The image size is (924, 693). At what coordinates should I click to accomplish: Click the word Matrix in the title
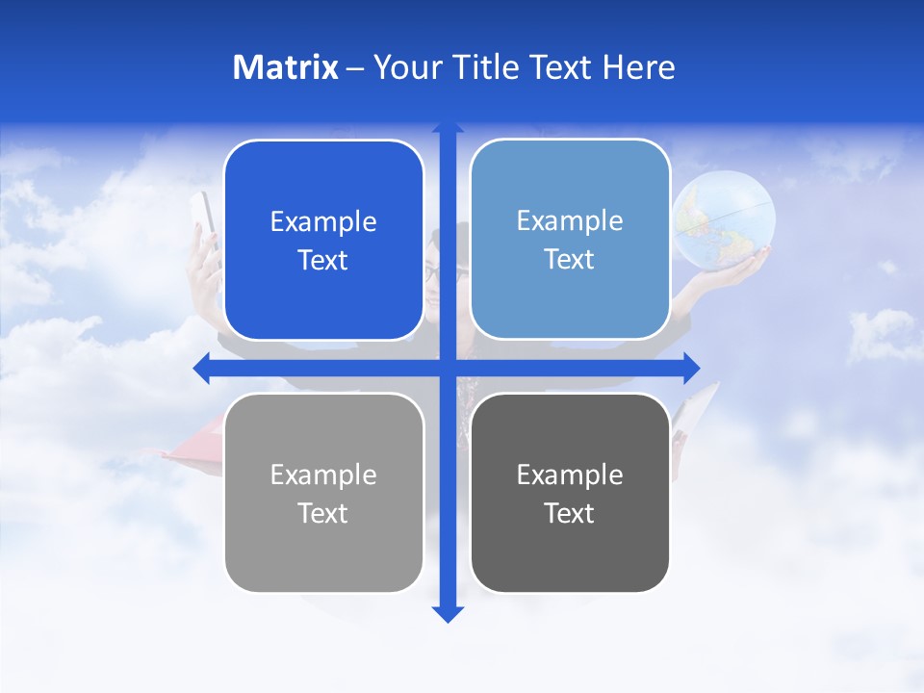(286, 67)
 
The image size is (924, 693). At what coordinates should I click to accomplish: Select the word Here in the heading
(639, 67)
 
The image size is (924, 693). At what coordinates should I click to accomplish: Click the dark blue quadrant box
(323, 241)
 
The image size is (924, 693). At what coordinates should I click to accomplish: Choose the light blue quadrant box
(570, 240)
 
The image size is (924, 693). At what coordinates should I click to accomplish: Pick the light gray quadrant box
(323, 493)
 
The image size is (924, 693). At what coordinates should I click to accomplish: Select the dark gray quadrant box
(570, 493)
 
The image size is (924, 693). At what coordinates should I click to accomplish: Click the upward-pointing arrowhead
(448, 127)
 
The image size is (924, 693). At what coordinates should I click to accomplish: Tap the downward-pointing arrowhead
(448, 613)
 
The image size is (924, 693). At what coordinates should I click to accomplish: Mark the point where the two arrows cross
(448, 368)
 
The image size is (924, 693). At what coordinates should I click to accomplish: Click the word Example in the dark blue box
(323, 222)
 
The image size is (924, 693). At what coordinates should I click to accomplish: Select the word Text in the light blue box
(570, 260)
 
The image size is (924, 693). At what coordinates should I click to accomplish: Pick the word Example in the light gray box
(323, 475)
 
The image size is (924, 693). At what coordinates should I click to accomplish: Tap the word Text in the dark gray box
(570, 513)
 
